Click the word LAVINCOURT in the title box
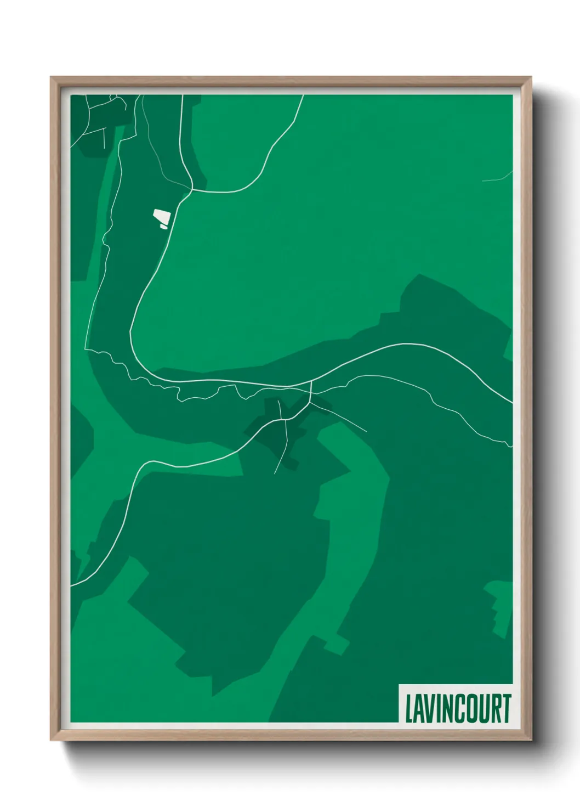click(x=458, y=708)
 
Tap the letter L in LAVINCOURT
click(x=408, y=708)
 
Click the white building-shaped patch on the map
click(x=161, y=218)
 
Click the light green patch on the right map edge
click(x=500, y=606)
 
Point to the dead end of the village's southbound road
click(x=275, y=473)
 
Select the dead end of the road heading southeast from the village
click(x=366, y=431)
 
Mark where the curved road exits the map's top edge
click(x=303, y=96)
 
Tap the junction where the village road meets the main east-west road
click(x=311, y=382)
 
